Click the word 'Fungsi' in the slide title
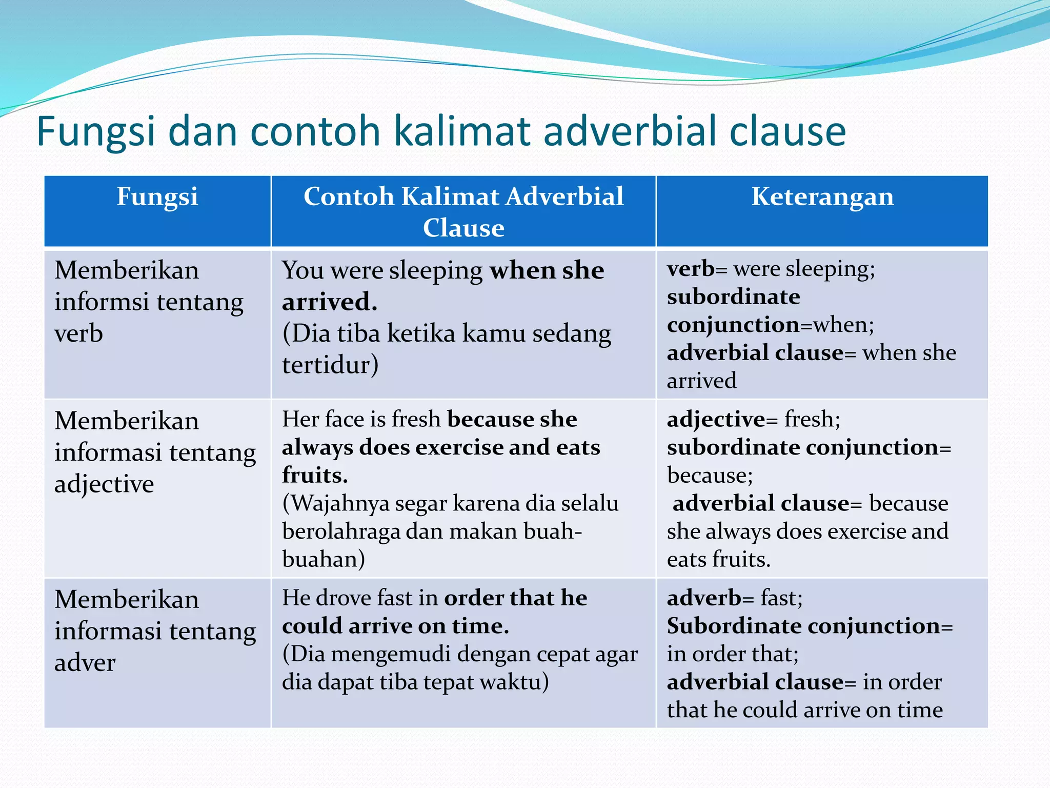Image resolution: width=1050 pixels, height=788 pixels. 95,132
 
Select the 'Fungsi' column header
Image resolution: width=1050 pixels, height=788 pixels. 157,197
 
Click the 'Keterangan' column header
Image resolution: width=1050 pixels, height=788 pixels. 822,197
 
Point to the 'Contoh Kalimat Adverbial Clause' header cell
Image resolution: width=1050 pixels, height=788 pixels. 463,211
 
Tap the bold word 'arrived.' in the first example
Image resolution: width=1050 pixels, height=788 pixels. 330,302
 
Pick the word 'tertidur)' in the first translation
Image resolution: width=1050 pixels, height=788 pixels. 330,365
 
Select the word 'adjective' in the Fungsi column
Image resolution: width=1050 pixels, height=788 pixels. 104,484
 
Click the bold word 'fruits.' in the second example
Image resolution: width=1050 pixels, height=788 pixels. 315,475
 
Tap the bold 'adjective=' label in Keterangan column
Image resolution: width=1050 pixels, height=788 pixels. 722,419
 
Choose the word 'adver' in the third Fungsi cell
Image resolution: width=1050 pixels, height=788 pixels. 85,662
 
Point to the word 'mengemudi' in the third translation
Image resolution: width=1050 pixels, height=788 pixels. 391,654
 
